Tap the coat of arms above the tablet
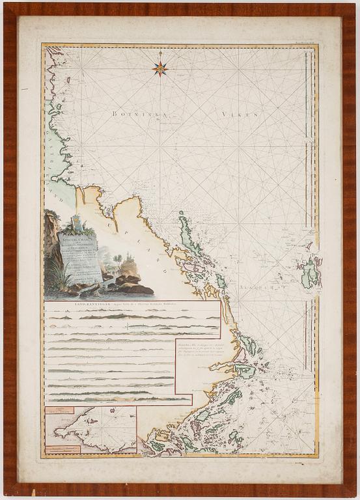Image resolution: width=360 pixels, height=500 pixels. [x=76, y=222]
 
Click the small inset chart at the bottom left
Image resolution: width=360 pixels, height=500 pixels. [x=91, y=429]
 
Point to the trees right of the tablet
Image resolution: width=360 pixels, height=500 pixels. [x=117, y=260]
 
